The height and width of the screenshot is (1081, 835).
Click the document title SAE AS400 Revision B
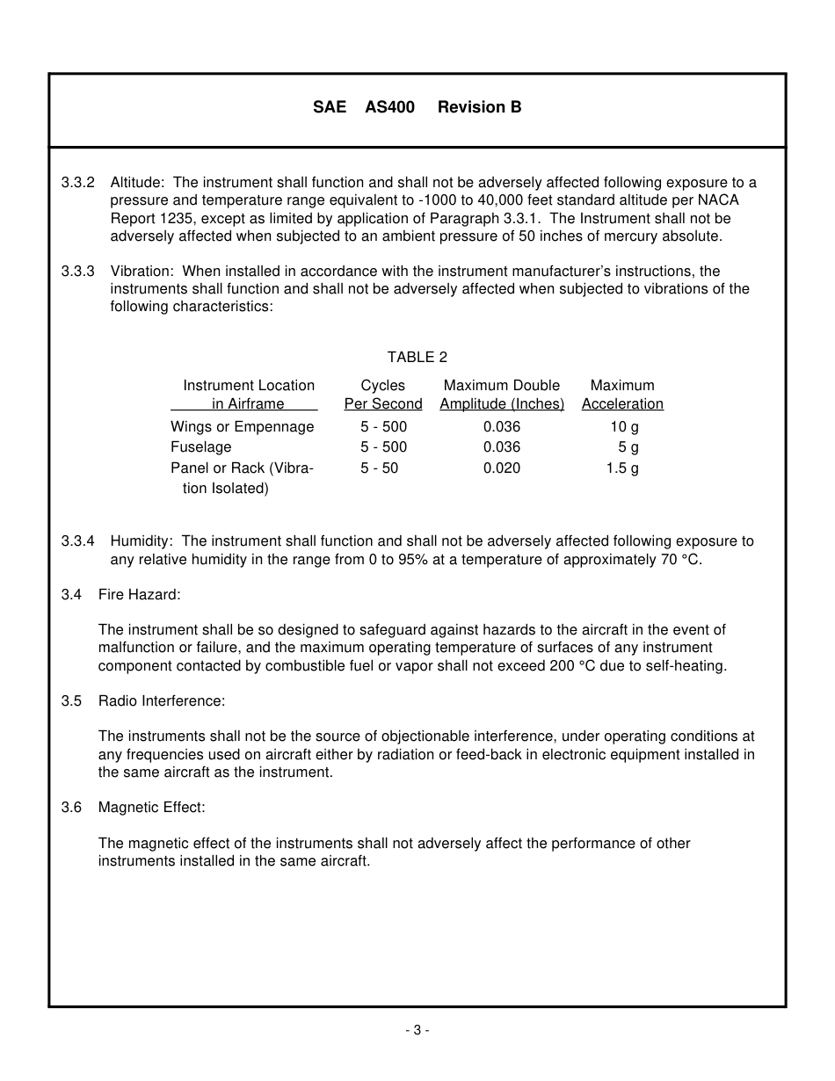[x=417, y=107]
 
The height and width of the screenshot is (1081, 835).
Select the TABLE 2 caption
[x=417, y=357]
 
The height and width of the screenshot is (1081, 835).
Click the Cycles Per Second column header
[x=383, y=395]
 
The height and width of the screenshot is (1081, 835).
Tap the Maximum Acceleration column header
[x=622, y=395]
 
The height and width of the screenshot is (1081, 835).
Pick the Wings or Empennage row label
[x=242, y=427]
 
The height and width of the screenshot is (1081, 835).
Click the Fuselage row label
[x=200, y=447]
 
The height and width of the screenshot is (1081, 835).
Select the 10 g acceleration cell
[x=624, y=427]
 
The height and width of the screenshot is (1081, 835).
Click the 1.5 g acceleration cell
[x=622, y=468]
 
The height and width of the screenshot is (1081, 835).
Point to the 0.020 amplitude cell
[x=502, y=468]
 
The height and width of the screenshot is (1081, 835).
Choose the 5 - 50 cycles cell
[x=379, y=468]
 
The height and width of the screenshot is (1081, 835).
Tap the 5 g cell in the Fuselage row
[x=628, y=447]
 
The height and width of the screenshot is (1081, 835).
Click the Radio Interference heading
[x=162, y=701]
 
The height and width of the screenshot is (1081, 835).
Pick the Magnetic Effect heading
[x=151, y=808]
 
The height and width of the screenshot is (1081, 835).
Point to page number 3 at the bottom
[x=417, y=1030]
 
